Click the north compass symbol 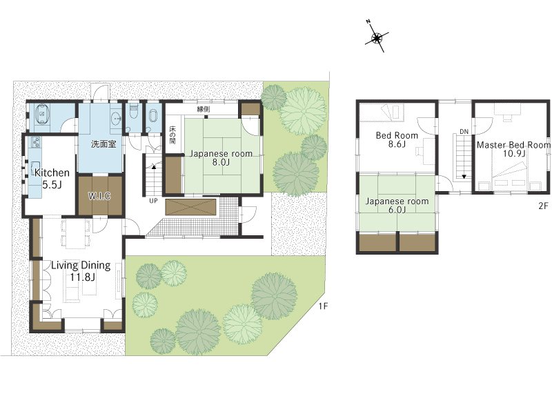[x=377, y=37]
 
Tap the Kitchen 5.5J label [x=52, y=179]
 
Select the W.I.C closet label [x=99, y=196]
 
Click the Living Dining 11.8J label [x=81, y=270]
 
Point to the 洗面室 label [x=103, y=144]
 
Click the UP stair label [x=153, y=201]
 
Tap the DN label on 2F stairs [x=464, y=132]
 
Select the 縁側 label [x=203, y=109]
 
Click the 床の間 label [x=172, y=135]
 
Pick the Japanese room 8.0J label [x=221, y=158]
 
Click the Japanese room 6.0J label [x=397, y=205]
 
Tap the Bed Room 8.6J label [x=397, y=139]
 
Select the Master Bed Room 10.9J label [x=513, y=149]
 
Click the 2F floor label [x=543, y=206]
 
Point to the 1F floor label [x=323, y=306]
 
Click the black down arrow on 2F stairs [x=464, y=177]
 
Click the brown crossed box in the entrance [x=190, y=206]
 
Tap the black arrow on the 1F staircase [x=153, y=167]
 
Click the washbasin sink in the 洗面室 [x=116, y=118]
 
